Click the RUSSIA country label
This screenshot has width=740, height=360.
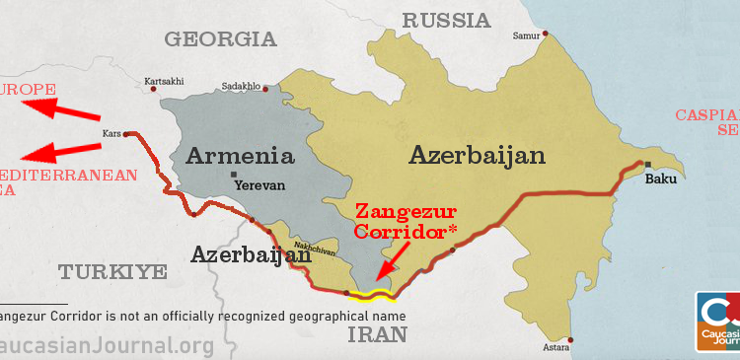446,20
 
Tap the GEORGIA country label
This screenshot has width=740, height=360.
220,39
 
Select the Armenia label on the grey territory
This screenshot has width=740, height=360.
241,156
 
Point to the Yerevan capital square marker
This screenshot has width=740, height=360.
234,175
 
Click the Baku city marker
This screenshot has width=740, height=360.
647,164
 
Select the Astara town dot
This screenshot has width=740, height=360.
572,341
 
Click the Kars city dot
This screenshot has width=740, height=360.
125,133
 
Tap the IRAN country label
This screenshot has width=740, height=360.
378,334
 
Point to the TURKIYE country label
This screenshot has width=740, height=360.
112,272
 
